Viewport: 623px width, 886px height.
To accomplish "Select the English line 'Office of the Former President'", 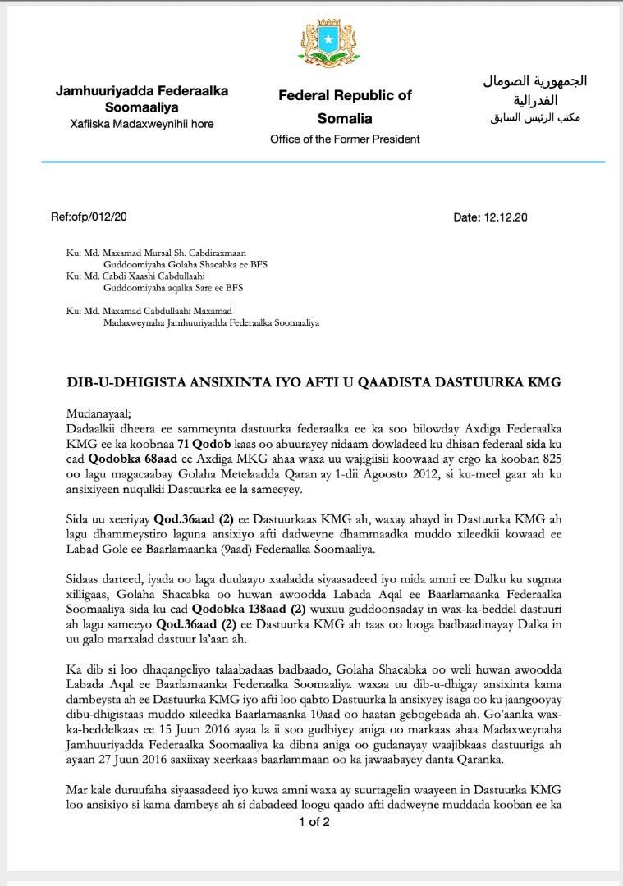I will point(345,139).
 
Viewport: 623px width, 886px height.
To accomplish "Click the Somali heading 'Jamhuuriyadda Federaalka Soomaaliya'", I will point(142,98).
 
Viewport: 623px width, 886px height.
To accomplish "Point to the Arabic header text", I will point(534,99).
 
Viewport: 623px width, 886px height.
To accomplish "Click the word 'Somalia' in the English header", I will point(345,118).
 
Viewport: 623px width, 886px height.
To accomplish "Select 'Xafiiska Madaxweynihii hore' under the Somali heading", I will point(141,124).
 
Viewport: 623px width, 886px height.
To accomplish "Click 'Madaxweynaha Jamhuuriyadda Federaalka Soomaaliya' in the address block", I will point(211,322).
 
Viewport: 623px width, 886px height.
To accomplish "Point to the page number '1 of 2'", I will point(314,821).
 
